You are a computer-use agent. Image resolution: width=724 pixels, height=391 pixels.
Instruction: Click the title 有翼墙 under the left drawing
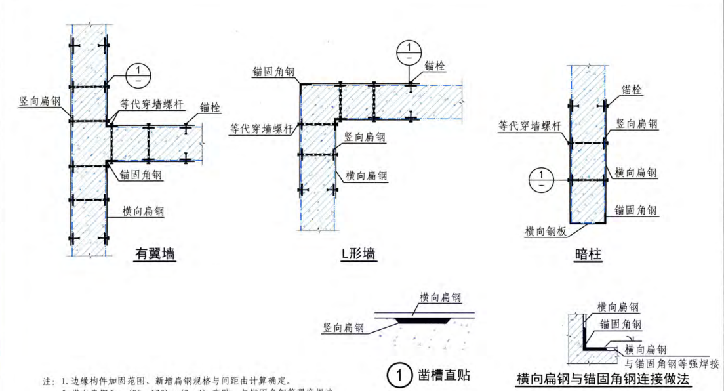pos(155,254)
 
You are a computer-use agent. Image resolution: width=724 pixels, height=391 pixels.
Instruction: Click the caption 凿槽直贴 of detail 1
pos(443,375)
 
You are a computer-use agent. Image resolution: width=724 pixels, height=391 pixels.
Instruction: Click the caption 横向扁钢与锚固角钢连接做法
pos(603,379)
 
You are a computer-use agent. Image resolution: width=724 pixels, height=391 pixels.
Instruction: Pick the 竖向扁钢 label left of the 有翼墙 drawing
pos(39,102)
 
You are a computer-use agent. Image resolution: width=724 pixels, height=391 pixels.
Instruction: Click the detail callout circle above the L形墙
pos(409,51)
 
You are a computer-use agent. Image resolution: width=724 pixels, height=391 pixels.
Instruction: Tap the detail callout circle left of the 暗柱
pos(541,178)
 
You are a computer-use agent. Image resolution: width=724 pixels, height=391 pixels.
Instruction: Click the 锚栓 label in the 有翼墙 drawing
pos(210,107)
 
